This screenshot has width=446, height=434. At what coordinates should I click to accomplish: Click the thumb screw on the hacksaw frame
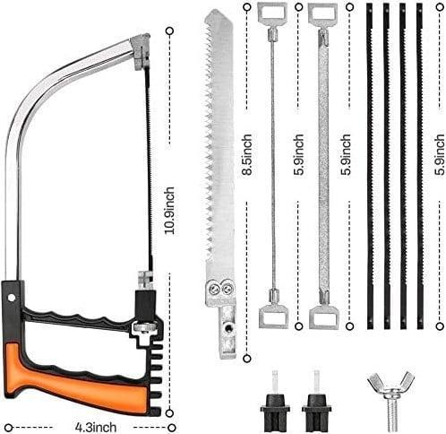(x=141, y=329)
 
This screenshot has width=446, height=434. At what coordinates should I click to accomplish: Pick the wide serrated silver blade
(x=218, y=161)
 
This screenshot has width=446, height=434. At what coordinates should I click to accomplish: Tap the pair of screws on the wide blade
(x=220, y=289)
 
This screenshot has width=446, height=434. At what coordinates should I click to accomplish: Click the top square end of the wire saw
(x=271, y=13)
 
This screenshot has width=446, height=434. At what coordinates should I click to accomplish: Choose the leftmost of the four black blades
(x=369, y=166)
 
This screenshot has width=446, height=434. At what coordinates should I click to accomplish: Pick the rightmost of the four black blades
(x=419, y=166)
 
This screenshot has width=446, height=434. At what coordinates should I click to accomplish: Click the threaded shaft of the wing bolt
(x=391, y=412)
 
